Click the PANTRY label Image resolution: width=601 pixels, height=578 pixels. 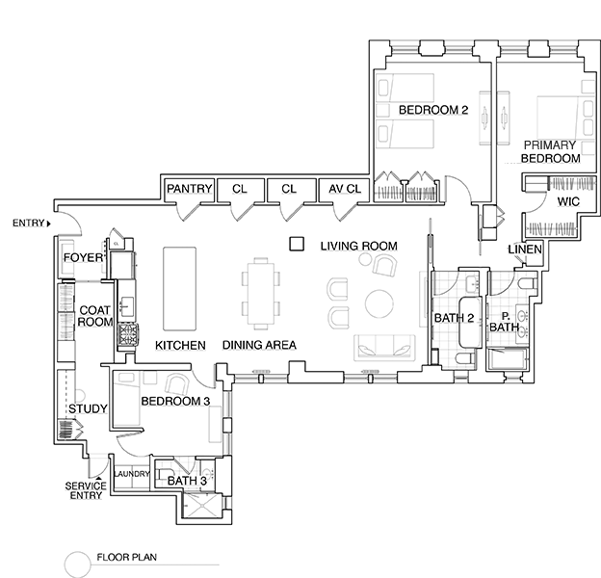click(x=190, y=189)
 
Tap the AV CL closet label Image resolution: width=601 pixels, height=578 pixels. click(x=345, y=189)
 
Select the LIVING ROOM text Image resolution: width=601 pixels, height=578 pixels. click(x=358, y=246)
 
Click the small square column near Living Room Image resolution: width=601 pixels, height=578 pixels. click(x=297, y=244)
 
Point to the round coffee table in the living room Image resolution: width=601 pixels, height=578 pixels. click(x=379, y=303)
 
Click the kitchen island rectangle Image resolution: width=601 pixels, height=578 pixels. click(x=180, y=289)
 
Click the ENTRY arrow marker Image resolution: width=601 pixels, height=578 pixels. click(x=49, y=223)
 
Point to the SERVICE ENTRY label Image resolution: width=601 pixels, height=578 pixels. click(x=86, y=490)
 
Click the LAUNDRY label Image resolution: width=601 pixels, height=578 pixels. click(x=131, y=474)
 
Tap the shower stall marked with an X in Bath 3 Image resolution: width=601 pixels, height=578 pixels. click(x=201, y=506)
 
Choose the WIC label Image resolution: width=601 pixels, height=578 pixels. click(x=568, y=201)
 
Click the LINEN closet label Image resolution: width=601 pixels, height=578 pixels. click(x=525, y=250)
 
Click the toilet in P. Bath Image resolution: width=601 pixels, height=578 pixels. click(x=527, y=284)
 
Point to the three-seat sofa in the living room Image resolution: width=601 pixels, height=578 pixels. click(x=384, y=348)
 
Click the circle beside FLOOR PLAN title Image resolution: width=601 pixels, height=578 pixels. click(x=77, y=565)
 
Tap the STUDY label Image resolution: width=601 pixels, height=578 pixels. click(x=88, y=409)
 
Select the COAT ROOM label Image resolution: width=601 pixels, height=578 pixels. click(x=95, y=316)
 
